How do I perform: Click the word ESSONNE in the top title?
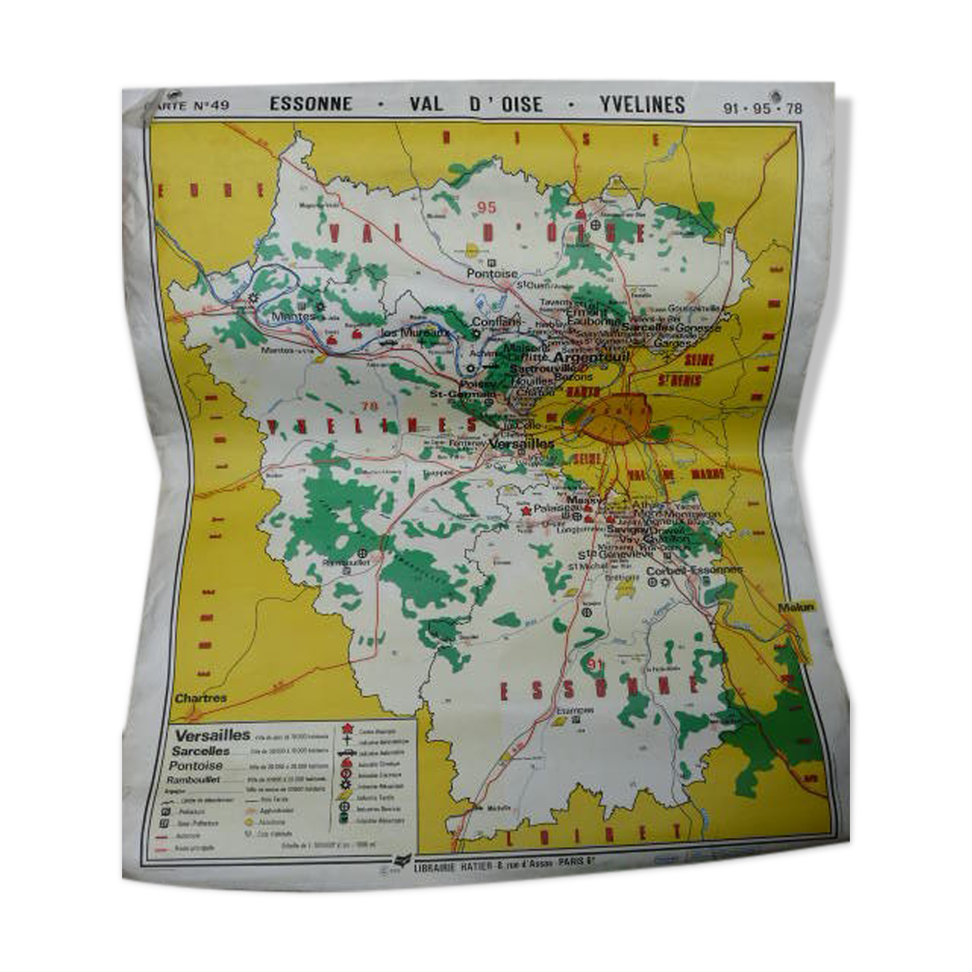point(310,104)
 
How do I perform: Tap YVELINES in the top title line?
point(641,105)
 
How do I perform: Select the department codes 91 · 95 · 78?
point(763,108)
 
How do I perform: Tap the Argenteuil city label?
point(588,357)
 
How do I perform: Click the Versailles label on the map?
point(522,443)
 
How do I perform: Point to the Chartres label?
point(201,698)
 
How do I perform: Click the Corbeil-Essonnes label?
point(694,570)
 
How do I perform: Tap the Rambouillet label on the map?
point(346,562)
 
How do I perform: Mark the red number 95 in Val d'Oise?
point(486,208)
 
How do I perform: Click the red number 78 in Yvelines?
point(368,405)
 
